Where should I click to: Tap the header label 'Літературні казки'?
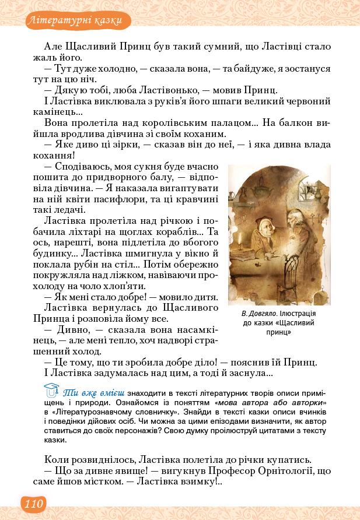click(74, 22)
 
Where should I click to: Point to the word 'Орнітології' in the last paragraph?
click(289, 470)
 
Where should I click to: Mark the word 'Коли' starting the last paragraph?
click(56, 458)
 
